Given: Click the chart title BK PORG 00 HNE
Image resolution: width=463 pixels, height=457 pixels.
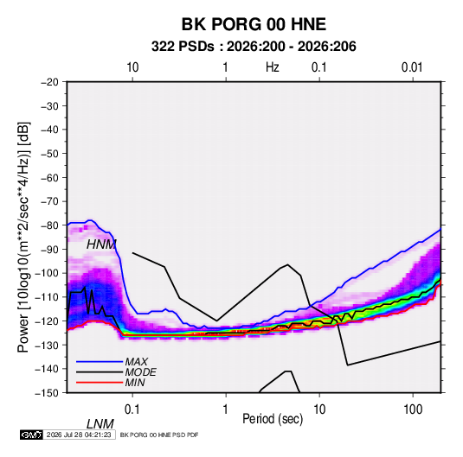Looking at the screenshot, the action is (x=254, y=24).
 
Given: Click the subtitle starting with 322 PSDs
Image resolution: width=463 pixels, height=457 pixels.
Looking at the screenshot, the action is (x=254, y=47).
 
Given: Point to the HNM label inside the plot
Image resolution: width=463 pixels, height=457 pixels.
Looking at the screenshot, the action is (x=101, y=244).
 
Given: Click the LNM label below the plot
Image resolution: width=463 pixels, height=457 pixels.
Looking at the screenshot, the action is (x=100, y=424).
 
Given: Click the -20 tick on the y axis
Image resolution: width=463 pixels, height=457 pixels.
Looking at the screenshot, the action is (x=50, y=82).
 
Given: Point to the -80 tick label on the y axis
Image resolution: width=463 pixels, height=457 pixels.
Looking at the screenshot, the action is (x=50, y=225).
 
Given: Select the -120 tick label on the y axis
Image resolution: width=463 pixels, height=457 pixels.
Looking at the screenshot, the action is (x=48, y=321).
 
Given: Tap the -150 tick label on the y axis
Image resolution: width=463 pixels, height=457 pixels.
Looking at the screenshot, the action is (x=48, y=393).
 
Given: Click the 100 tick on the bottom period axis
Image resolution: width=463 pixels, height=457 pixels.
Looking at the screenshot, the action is (x=413, y=409).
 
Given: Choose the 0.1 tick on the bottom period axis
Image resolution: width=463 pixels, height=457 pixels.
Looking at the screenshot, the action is (x=132, y=409).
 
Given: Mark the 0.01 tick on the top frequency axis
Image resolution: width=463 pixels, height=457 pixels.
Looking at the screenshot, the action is (x=412, y=67).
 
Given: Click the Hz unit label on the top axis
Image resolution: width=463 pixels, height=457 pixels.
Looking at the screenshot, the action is (x=273, y=67).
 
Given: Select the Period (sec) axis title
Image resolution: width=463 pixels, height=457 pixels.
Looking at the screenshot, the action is (x=273, y=419).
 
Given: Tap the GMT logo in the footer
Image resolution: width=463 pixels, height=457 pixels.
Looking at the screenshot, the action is (x=31, y=435).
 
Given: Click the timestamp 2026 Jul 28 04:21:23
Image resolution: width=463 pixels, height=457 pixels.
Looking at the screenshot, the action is (x=79, y=435).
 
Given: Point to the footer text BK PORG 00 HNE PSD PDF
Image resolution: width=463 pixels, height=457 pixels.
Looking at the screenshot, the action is (x=159, y=435).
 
